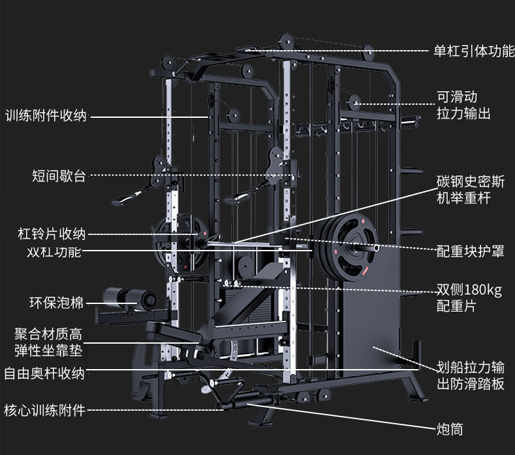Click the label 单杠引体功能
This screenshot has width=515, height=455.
coord(474,51)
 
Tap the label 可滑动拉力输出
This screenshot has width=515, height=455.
coord(463,105)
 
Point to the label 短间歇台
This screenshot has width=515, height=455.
coord(59,176)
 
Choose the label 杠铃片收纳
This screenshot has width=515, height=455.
coord(51,234)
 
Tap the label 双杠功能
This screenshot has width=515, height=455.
coord(54,252)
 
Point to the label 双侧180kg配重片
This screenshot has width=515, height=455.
coord(469,298)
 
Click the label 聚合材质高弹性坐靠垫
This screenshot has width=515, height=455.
coord(48,342)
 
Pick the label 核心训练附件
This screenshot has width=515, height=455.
coord(44,410)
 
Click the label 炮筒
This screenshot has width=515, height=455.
coord(449,429)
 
